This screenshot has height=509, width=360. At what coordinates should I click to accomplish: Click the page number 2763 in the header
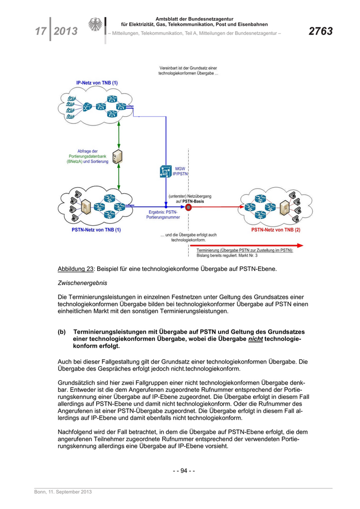click(x=320, y=31)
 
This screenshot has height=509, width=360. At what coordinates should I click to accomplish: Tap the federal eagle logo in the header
click(x=95, y=25)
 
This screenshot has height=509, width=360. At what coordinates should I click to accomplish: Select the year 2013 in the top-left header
click(x=66, y=31)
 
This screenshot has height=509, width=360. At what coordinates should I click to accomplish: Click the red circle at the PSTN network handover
click(x=188, y=208)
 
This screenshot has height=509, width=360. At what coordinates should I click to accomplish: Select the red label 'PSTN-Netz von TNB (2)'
click(x=276, y=230)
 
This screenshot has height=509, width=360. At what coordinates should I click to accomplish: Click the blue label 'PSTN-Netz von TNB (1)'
click(x=96, y=230)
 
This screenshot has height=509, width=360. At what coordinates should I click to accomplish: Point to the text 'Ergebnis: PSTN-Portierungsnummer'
click(x=163, y=214)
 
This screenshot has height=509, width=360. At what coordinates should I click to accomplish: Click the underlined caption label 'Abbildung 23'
click(x=76, y=269)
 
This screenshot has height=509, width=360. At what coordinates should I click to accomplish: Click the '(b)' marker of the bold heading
click(x=62, y=332)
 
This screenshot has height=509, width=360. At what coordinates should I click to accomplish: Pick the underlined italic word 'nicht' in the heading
click(x=255, y=339)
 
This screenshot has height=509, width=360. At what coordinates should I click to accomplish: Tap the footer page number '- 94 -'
click(x=183, y=470)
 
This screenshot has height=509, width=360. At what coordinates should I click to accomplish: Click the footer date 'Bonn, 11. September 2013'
click(x=63, y=492)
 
